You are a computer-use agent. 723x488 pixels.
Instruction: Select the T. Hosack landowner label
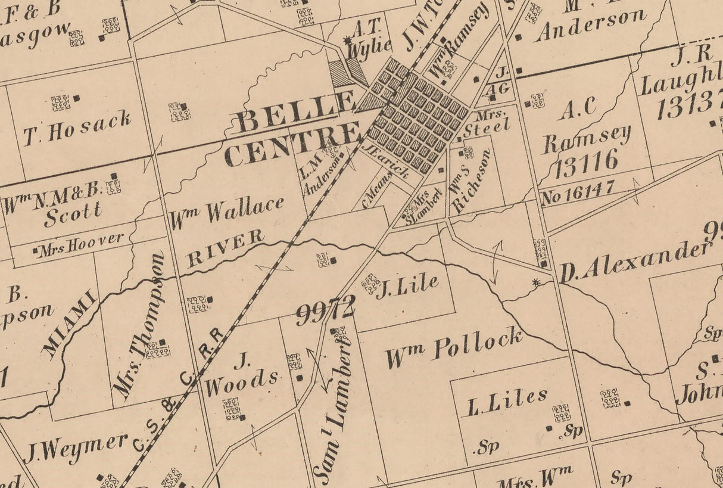(x=77, y=129)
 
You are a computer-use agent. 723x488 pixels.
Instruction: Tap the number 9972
(x=325, y=310)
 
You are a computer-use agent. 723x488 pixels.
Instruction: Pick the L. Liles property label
(x=507, y=404)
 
